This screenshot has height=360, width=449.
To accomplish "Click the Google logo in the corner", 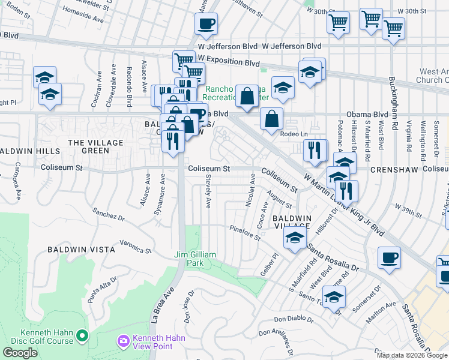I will point(20,353).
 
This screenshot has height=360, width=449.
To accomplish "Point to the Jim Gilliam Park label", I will point(194,259).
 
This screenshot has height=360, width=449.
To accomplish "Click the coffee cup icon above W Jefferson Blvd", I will point(206,24).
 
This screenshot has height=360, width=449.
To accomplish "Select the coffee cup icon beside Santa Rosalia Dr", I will point(389,258).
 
